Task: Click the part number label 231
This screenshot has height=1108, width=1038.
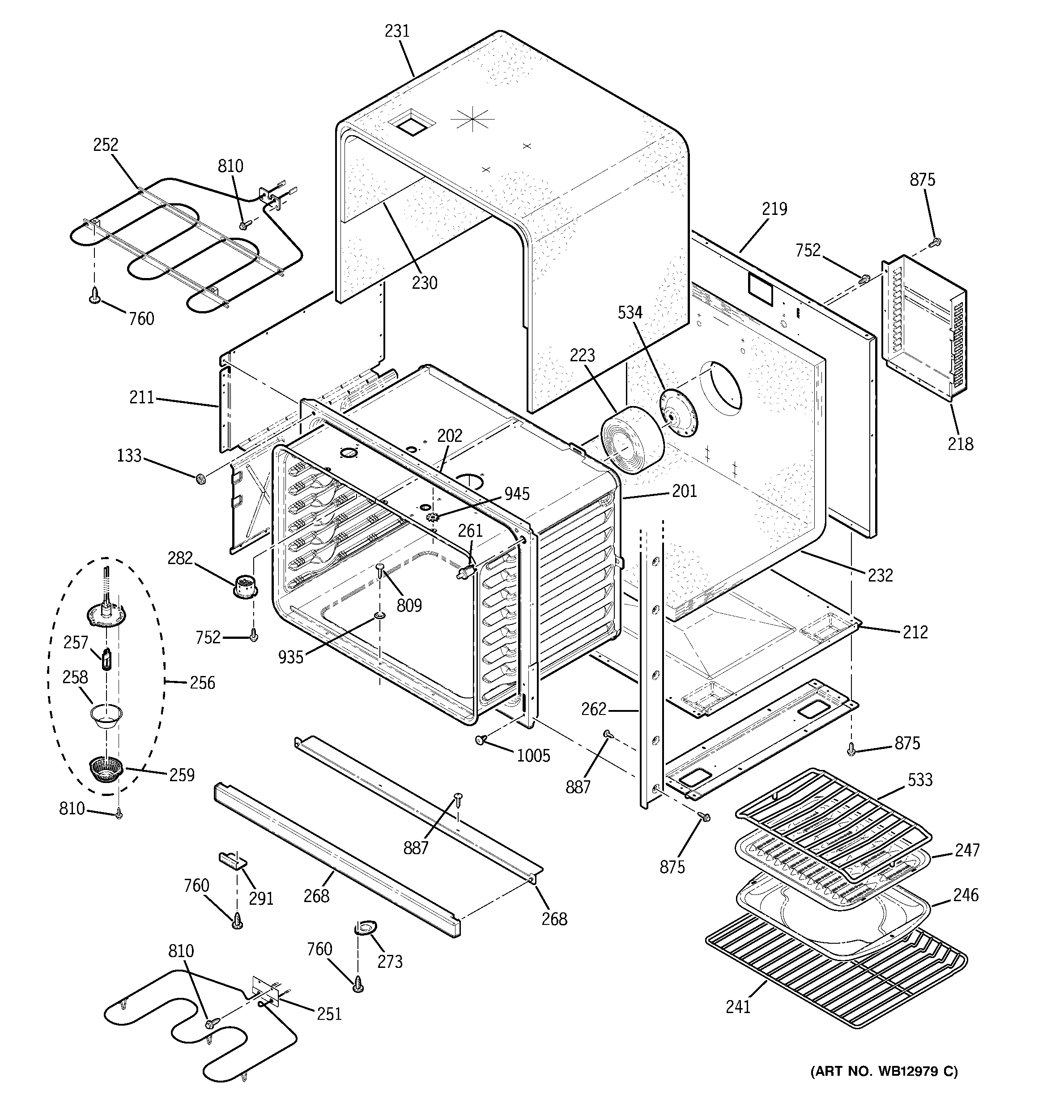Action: pos(397,31)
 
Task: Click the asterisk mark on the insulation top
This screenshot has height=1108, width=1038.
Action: pos(472,120)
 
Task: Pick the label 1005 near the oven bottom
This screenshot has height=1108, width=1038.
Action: pos(533,756)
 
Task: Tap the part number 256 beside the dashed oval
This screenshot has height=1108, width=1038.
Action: pos(202,683)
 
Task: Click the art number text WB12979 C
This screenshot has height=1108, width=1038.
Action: pos(884,1071)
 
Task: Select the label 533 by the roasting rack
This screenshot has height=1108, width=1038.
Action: pos(919,780)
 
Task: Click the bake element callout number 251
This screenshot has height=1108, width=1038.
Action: pos(329,1014)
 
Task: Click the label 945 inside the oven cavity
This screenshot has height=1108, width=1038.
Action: pos(517,494)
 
